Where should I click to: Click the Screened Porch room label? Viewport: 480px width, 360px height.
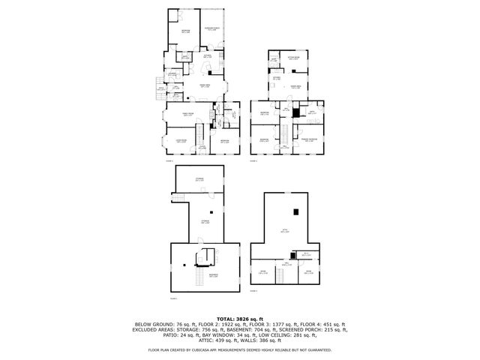coord(213,29)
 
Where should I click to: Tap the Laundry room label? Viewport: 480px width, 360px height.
coord(172,73)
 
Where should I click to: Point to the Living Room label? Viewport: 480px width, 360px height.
coord(181,140)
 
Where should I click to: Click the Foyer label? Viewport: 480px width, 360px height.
coord(202,148)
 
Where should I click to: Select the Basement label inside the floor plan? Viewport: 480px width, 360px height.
coord(202,276)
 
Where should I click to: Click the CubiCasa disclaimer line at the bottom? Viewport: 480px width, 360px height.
coord(240,350)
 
